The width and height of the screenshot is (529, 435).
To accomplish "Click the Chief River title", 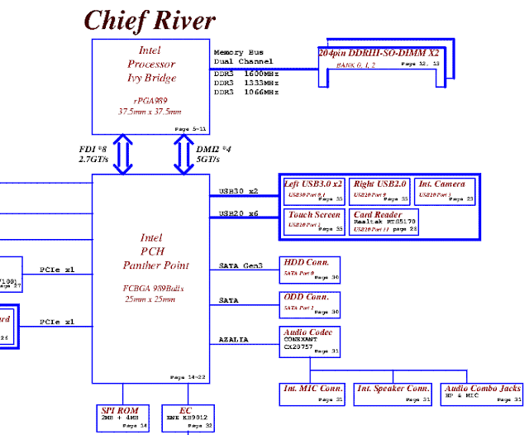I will tap(150, 19).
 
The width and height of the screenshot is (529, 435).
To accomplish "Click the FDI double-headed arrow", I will tap(123, 155).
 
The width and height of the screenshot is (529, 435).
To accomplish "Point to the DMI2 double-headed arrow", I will tap(183, 155).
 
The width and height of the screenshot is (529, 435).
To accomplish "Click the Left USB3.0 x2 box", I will tap(313, 190).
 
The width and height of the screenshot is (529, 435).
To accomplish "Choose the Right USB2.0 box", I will tap(381, 190).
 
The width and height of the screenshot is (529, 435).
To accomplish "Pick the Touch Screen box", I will tap(313, 221).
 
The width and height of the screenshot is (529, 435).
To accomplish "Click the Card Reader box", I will tap(384, 221).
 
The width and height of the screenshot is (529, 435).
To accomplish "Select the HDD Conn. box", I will tap(311, 269).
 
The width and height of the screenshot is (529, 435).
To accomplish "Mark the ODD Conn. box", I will tap(311, 304).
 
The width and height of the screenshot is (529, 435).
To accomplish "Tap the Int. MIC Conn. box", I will tap(314, 393).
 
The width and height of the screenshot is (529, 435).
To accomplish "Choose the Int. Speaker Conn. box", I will tap(393, 393).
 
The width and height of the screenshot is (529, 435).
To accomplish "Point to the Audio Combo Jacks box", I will tap(483, 393).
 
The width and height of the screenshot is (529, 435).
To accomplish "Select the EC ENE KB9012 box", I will tap(185, 418).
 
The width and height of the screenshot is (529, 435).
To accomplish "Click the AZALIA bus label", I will tap(233, 340).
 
